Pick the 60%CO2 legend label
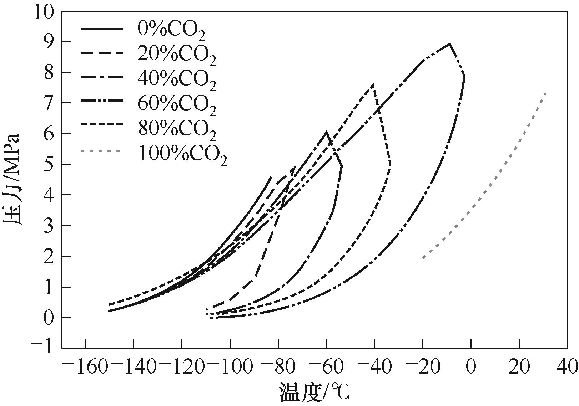[x=177, y=104]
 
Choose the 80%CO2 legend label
[x=177, y=128]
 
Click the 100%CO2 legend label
[x=182, y=154]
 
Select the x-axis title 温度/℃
[x=314, y=392]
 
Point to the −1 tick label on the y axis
[x=42, y=348]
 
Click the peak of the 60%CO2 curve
[x=450, y=44]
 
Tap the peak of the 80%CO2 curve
[x=373, y=84]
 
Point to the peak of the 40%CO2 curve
[x=326, y=132]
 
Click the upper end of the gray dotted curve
[x=546, y=93]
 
